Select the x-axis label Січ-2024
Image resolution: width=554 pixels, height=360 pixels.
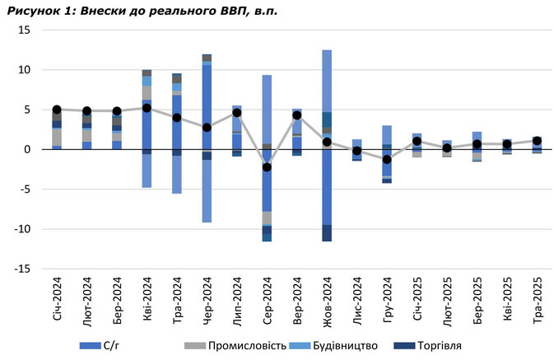(56, 302)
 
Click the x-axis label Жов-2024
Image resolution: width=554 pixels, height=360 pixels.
(327, 302)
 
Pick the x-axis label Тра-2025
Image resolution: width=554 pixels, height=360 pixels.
(537, 302)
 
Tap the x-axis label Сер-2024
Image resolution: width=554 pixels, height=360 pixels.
(267, 302)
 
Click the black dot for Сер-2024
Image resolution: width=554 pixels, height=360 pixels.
(267, 167)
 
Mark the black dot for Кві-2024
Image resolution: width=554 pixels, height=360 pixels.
(147, 108)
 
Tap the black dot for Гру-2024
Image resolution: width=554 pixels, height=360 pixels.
(387, 158)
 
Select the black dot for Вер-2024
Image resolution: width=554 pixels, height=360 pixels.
(297, 115)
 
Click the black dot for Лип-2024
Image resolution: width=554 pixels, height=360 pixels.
(237, 113)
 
